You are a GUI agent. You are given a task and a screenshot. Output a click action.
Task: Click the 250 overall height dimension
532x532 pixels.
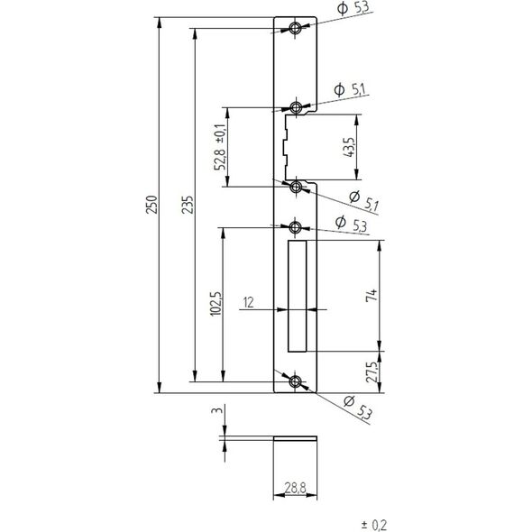[x=151, y=205]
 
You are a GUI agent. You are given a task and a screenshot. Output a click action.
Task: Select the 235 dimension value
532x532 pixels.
[x=187, y=205]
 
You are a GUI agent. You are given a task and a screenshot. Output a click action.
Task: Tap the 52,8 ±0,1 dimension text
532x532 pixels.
[x=219, y=147]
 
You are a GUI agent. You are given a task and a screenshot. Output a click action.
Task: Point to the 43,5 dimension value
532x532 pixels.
[x=348, y=147]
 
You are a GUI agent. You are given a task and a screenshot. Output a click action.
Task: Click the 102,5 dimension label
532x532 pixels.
[x=216, y=304]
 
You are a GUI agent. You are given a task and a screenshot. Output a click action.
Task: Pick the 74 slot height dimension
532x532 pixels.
[x=371, y=295]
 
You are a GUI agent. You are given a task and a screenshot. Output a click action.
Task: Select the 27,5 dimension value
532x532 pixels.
[x=371, y=372]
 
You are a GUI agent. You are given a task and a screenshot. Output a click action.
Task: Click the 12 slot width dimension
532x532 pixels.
[x=248, y=302]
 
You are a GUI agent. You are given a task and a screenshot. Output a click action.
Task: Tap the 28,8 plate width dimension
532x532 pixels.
[x=295, y=488]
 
